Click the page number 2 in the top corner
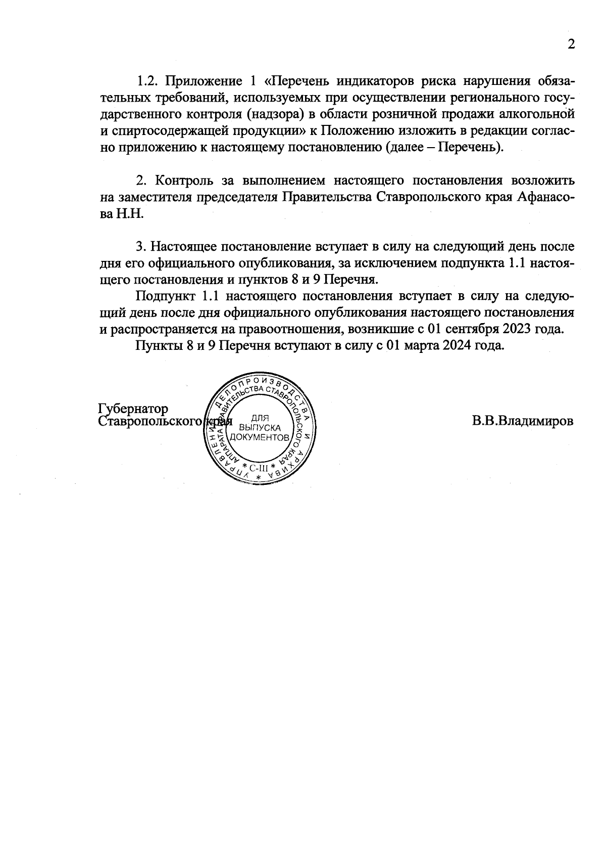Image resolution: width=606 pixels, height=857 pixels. (571, 44)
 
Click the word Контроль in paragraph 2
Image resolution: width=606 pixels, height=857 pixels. (185, 181)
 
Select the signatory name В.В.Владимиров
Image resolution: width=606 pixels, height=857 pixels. (523, 421)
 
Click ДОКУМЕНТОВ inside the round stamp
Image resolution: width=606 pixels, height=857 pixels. (260, 436)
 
